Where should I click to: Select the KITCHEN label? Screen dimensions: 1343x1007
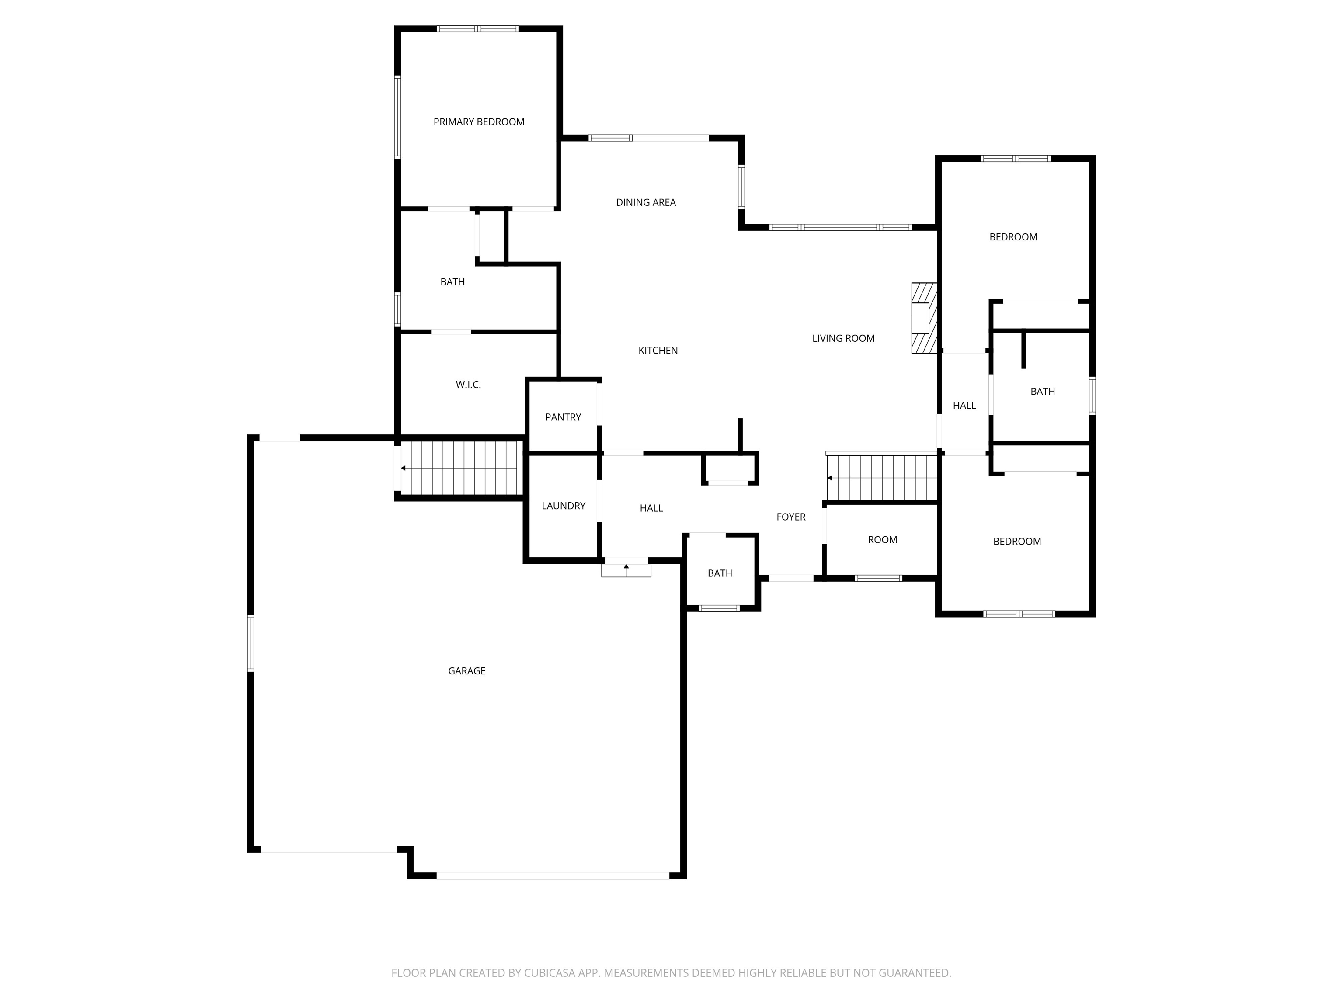pos(658,350)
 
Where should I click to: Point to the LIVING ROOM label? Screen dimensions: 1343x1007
pos(843,339)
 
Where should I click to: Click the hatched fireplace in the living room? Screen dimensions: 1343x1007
pos(924,318)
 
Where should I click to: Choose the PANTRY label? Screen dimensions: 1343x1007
pos(563,417)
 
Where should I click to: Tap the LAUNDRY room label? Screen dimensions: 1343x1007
pos(564,506)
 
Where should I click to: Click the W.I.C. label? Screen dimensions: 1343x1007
pos(468,385)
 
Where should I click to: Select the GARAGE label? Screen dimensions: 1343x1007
pos(466,671)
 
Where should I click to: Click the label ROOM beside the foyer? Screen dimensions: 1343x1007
pos(882,540)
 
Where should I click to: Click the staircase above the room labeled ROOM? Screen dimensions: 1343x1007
pos(882,478)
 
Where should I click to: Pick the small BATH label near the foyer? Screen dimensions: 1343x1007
pos(720,573)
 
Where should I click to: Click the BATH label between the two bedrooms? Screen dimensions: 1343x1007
pos(1043,392)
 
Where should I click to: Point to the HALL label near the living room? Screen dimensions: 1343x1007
pos(964,406)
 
